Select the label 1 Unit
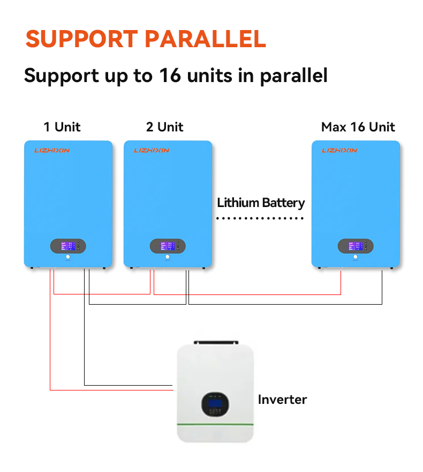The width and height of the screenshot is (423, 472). (x=62, y=127)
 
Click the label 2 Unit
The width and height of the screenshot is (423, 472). (x=164, y=127)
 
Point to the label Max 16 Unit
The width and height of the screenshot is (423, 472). (x=358, y=127)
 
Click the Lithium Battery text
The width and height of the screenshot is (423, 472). (x=261, y=203)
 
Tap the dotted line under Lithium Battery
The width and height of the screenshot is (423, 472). (x=260, y=218)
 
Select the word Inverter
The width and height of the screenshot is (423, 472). (x=282, y=400)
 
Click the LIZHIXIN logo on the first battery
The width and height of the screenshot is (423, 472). (x=52, y=151)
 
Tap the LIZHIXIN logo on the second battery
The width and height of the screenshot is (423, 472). (x=152, y=151)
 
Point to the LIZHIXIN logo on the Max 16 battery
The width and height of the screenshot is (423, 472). (x=339, y=151)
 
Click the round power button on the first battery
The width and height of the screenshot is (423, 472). (x=68, y=257)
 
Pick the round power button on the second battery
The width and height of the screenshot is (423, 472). (x=168, y=257)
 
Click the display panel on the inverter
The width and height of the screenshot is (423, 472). (x=215, y=403)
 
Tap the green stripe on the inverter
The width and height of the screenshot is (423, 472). (x=215, y=425)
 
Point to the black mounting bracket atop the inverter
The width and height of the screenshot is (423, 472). (x=215, y=342)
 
